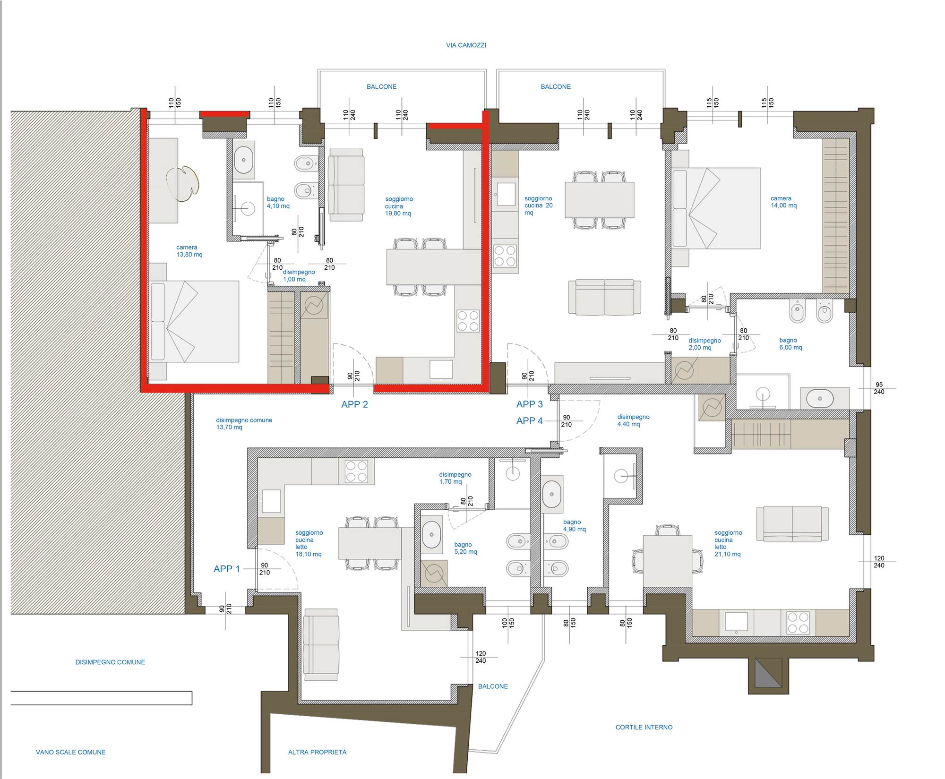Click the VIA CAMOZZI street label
point(466,45)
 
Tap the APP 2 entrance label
point(354,404)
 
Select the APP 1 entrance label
point(227,569)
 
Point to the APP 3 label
point(530,404)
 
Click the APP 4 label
point(530,421)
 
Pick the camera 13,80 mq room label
point(189,251)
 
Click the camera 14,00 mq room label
point(784,202)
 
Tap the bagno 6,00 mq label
point(790,344)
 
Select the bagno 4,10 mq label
point(278,203)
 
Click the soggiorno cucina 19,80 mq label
point(399,206)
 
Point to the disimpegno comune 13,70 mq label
point(244,424)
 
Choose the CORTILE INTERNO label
point(644,728)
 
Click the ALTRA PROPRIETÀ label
point(318,752)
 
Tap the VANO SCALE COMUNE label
point(71,752)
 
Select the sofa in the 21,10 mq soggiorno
point(792,523)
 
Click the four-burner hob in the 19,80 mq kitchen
point(468,321)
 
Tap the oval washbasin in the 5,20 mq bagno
point(431,535)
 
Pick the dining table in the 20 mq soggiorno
point(600,200)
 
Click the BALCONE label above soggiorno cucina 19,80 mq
point(382,87)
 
